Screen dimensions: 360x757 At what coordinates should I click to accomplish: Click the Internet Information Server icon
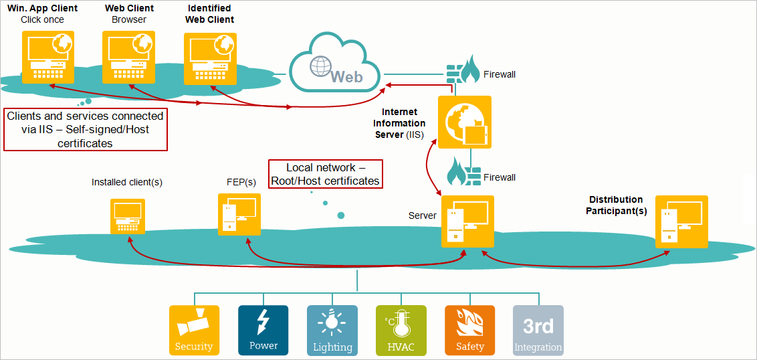(465, 122)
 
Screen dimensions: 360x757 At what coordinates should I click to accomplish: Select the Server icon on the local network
(467, 221)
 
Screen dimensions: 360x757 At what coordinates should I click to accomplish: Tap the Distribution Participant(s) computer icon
(681, 221)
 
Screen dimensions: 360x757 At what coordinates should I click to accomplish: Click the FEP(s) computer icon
(239, 214)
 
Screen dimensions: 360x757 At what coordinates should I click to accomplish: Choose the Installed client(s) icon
(128, 216)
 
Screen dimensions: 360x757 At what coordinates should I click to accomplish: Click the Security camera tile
(194, 330)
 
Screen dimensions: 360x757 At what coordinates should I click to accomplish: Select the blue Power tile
(263, 330)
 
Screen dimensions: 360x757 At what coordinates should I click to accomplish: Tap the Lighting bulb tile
(332, 330)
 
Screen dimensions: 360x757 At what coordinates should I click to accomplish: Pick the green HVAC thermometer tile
(401, 330)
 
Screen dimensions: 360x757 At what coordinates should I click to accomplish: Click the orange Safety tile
(470, 330)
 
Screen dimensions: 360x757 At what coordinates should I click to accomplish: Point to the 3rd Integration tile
(538, 330)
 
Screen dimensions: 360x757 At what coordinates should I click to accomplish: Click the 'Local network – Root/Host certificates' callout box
(325, 174)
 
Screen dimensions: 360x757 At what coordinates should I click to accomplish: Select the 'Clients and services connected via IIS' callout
(85, 130)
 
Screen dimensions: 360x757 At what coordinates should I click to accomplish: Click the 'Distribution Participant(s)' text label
(616, 205)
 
